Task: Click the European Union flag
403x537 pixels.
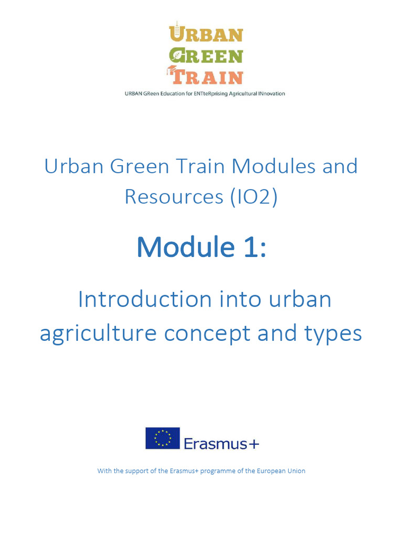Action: pyautogui.click(x=163, y=438)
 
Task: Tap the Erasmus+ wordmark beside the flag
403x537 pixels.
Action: pyautogui.click(x=221, y=444)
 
